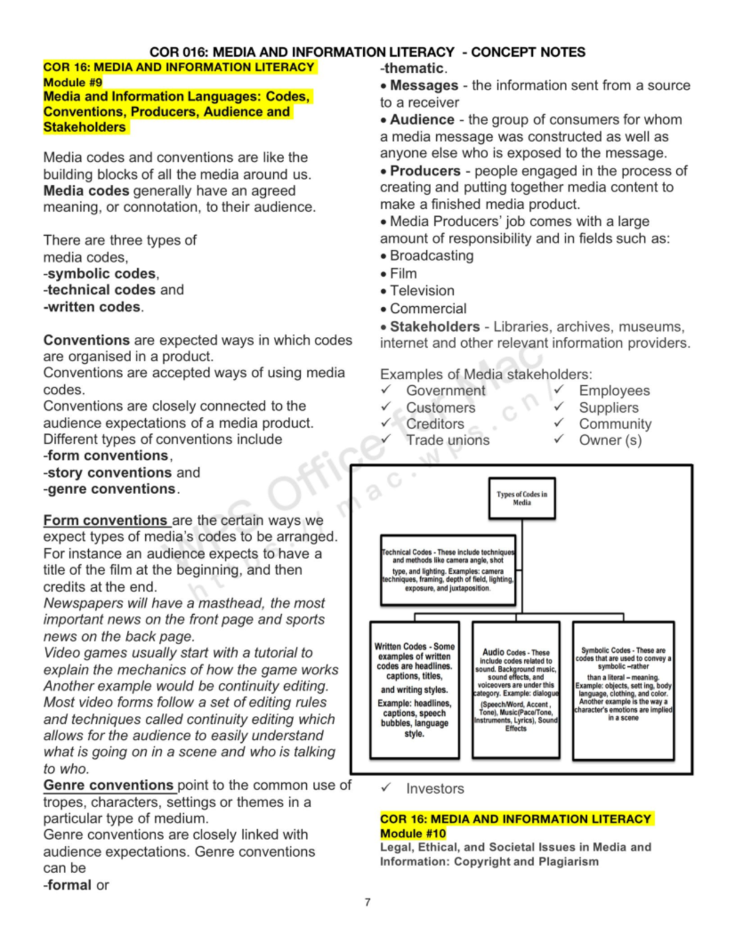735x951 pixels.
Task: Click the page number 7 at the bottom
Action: tap(367, 902)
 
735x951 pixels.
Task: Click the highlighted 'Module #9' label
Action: tap(73, 82)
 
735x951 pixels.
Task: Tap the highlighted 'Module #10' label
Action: tap(413, 833)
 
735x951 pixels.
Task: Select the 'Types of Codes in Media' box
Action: tap(522, 498)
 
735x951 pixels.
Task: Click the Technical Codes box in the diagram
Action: tap(448, 570)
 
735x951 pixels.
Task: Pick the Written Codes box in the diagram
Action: tap(415, 690)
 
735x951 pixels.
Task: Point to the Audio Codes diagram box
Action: tap(516, 690)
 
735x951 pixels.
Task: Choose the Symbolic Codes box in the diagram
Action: tap(623, 690)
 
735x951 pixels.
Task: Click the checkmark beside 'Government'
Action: tap(386, 390)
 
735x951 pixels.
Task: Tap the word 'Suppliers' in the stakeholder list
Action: tap(608, 407)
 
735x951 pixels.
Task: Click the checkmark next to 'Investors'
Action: tap(386, 788)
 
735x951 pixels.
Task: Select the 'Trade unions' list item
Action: tap(448, 440)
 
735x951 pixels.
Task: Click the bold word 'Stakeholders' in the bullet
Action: tap(434, 326)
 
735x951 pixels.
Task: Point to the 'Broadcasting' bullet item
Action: tap(431, 255)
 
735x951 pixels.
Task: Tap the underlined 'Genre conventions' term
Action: tap(108, 785)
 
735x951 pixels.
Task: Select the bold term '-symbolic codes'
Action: tap(101, 273)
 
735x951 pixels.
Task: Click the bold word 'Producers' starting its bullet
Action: tap(425, 171)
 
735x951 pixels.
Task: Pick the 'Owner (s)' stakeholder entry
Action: tap(610, 440)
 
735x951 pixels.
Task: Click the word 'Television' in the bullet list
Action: tap(422, 291)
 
